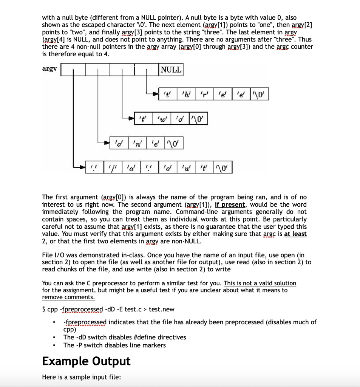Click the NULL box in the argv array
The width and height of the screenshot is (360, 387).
tap(171, 70)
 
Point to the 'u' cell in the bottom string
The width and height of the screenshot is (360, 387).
tap(186, 167)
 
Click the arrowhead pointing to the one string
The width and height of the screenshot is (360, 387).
tap(107, 143)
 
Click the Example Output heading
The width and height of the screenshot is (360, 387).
tap(86, 361)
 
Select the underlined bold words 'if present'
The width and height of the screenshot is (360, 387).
tap(230, 204)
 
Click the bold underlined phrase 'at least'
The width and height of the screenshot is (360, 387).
tap(295, 234)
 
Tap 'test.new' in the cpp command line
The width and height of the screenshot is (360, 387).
tap(162, 309)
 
